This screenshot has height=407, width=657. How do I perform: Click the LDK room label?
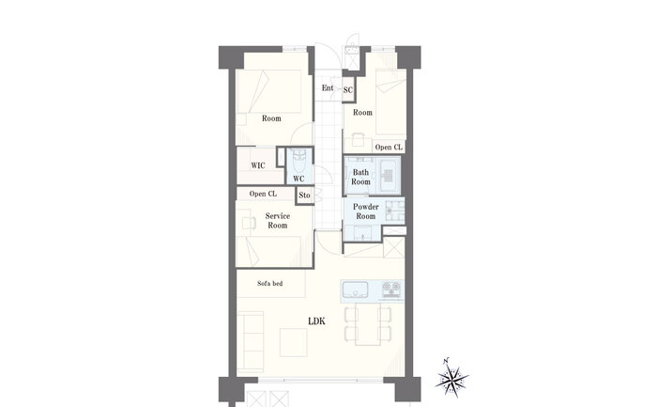pos(316,321)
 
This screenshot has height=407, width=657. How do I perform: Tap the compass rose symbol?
pos(451,377)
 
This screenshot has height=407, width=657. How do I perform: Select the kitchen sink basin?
pos(356,290)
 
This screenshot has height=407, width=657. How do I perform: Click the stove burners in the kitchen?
pos(391,290)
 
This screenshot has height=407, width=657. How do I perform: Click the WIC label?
pos(258,165)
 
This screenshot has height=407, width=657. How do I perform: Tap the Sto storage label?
pos(305,196)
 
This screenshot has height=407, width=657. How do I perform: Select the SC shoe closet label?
pos(348,90)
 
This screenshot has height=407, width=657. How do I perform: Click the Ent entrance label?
pos(328,87)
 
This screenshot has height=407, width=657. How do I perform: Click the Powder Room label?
pos(366,211)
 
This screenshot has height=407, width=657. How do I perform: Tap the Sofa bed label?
pos(270,284)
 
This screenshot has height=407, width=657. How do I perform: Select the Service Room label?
pos(278,221)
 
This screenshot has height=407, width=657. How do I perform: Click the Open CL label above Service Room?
pos(263,194)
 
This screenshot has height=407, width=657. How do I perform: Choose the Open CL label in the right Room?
pos(389,148)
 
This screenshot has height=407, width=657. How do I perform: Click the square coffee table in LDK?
pos(293,342)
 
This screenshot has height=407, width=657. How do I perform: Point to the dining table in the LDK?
pos(368,325)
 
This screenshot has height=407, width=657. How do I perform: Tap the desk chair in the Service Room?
pos(249,223)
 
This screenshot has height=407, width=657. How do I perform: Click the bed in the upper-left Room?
pos(269,91)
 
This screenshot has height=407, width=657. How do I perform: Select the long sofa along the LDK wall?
pos(251,343)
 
